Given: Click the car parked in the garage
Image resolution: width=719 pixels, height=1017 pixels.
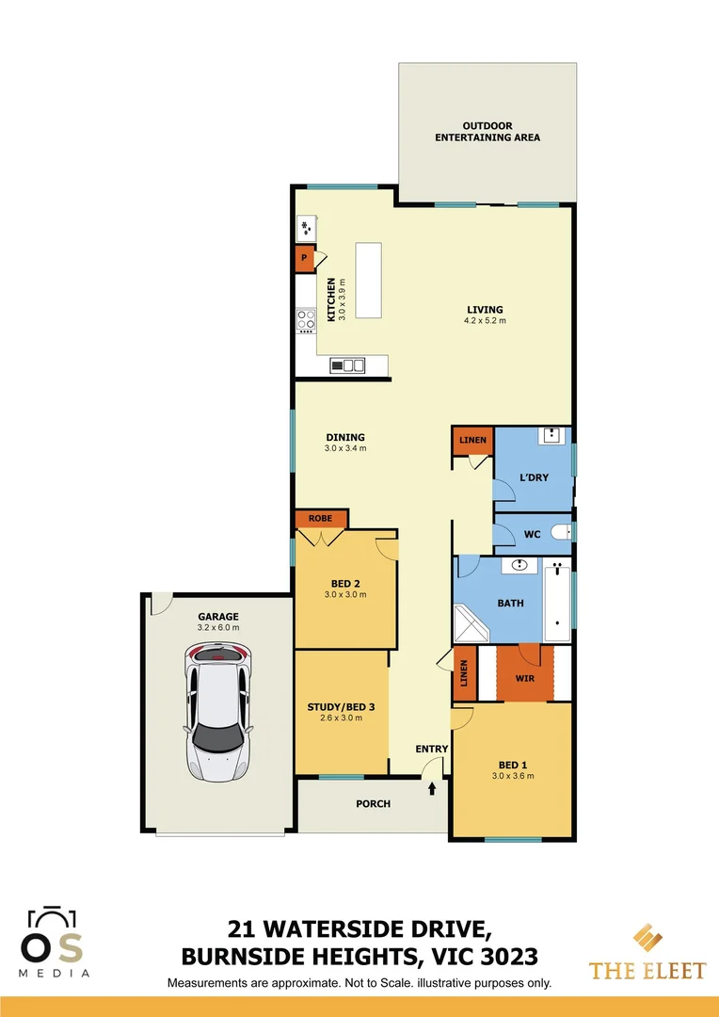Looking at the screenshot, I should tap(219, 712).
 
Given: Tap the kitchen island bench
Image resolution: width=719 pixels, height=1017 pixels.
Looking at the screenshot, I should tap(368, 282).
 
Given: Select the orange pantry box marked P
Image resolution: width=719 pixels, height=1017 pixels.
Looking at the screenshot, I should tap(304, 257).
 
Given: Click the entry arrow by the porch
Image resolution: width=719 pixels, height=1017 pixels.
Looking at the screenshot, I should tap(432, 786).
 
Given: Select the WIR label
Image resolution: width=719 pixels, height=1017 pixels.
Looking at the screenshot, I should tap(525, 678).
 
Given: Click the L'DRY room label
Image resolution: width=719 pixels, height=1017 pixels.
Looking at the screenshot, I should tap(534, 477).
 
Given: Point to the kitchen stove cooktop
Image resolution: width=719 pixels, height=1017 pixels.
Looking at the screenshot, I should tap(307, 320).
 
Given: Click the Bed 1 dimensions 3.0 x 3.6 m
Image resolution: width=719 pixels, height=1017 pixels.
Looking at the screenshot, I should tap(513, 776).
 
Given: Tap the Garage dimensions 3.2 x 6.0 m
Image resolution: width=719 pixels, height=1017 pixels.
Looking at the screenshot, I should tap(217, 627).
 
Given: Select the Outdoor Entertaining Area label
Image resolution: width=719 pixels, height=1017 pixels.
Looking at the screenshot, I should tap(487, 132).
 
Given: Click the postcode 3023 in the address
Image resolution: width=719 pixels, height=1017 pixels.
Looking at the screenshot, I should tap(507, 957).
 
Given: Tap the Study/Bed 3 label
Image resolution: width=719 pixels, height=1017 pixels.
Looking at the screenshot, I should tap(341, 707).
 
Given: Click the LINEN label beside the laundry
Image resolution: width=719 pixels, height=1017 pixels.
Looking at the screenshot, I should tap(472, 440).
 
